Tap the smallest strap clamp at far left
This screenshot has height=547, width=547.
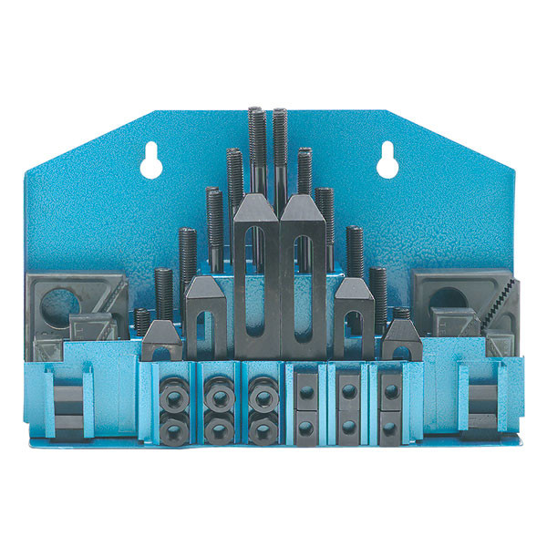[160, 339]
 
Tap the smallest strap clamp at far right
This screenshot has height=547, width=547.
[402, 338]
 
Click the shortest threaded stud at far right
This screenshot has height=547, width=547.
[402, 315]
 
